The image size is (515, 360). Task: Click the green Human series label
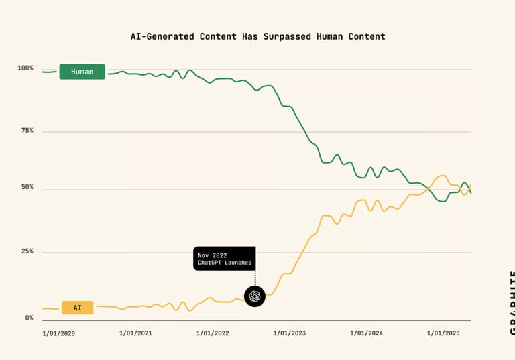coord(82,72)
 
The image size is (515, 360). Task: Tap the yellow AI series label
coord(77,308)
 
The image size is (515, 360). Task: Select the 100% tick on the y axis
coord(25,68)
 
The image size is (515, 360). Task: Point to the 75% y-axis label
coord(27,131)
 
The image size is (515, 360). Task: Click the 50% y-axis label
coord(27,188)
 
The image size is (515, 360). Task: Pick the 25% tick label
coord(27,251)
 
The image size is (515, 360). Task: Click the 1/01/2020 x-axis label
coord(59,333)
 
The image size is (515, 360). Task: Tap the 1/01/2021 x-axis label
coord(136,333)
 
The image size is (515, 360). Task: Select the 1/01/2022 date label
coord(213,333)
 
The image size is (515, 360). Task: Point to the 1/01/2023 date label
coord(290,333)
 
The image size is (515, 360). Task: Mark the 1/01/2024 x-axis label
coord(367,333)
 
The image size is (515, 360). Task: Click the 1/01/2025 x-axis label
coord(443,333)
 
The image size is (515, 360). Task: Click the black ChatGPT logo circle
coord(255,296)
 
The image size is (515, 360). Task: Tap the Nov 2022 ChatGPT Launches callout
coord(224,259)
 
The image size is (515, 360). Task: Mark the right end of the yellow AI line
coord(471,184)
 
